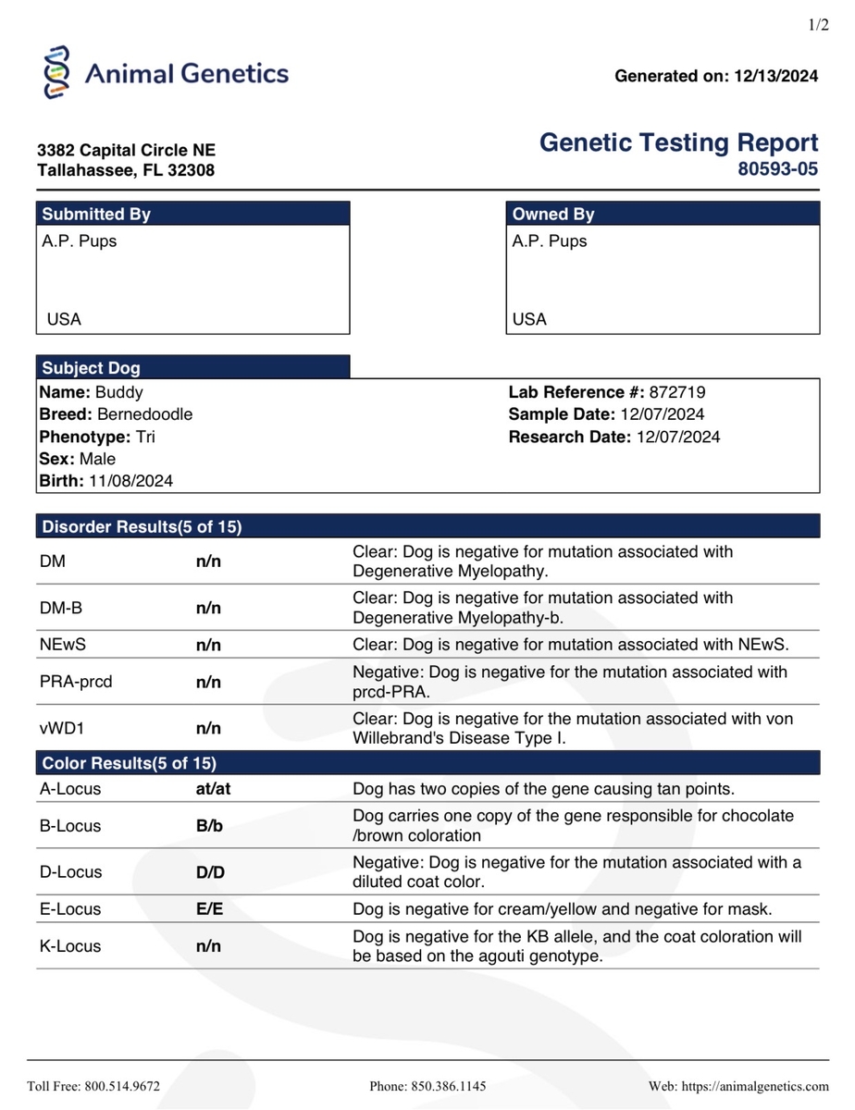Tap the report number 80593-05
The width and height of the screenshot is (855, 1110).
click(x=777, y=169)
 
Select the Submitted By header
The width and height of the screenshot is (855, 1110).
click(x=96, y=214)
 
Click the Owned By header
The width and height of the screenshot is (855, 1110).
click(x=553, y=214)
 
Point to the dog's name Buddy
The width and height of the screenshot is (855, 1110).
click(x=119, y=392)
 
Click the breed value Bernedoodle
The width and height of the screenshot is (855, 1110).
click(x=144, y=414)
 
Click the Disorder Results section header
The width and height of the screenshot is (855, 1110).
click(x=142, y=527)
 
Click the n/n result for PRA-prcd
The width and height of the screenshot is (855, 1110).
click(x=208, y=683)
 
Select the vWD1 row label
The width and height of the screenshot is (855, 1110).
click(x=61, y=729)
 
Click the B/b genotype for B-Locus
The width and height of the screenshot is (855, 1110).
click(x=209, y=826)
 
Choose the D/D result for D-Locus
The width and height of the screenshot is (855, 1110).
click(x=210, y=872)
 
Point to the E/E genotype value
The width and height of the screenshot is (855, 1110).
click(x=209, y=909)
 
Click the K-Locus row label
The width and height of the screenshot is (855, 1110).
click(x=70, y=946)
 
